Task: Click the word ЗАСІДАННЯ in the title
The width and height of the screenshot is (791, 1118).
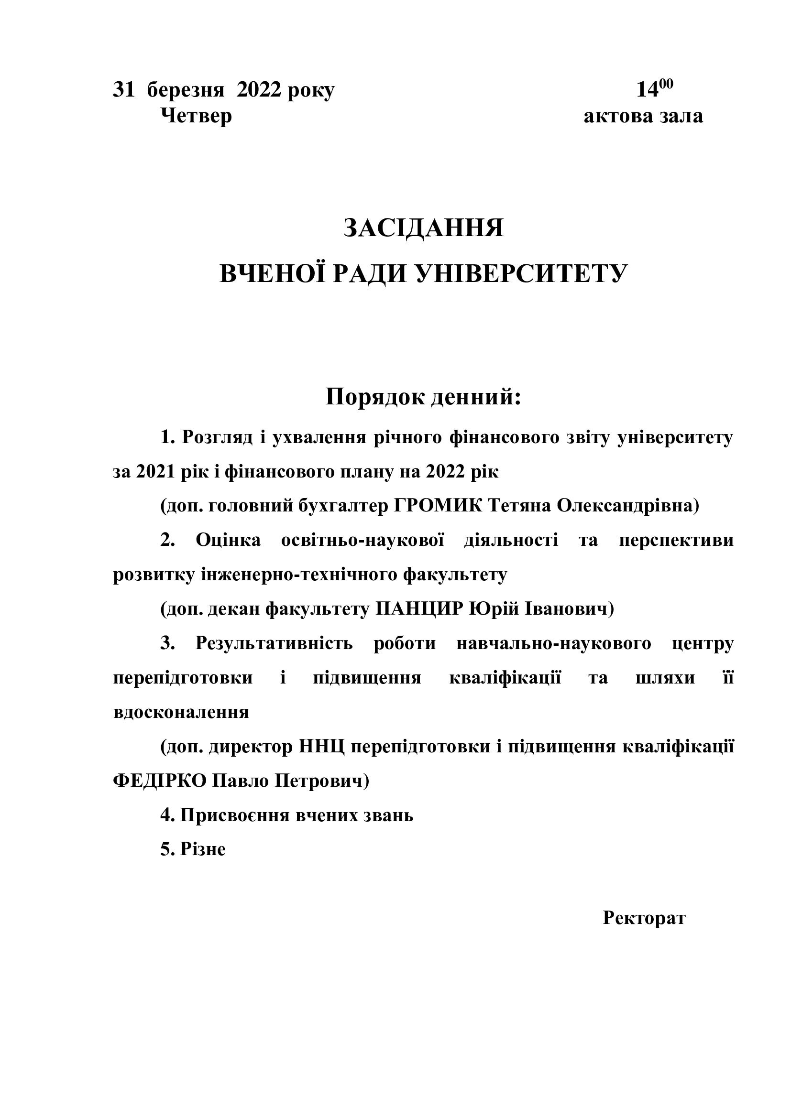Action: point(423,228)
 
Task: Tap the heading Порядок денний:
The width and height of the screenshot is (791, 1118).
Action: point(423,397)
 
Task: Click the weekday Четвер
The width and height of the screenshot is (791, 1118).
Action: point(196,116)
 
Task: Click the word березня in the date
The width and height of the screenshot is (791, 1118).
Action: point(186,90)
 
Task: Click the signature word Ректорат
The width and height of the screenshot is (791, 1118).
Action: point(644,918)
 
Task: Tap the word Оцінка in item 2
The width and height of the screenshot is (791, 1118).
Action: point(228,540)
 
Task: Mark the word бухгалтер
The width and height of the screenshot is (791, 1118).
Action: point(342,506)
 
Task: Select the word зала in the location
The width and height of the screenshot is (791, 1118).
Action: point(681,116)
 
